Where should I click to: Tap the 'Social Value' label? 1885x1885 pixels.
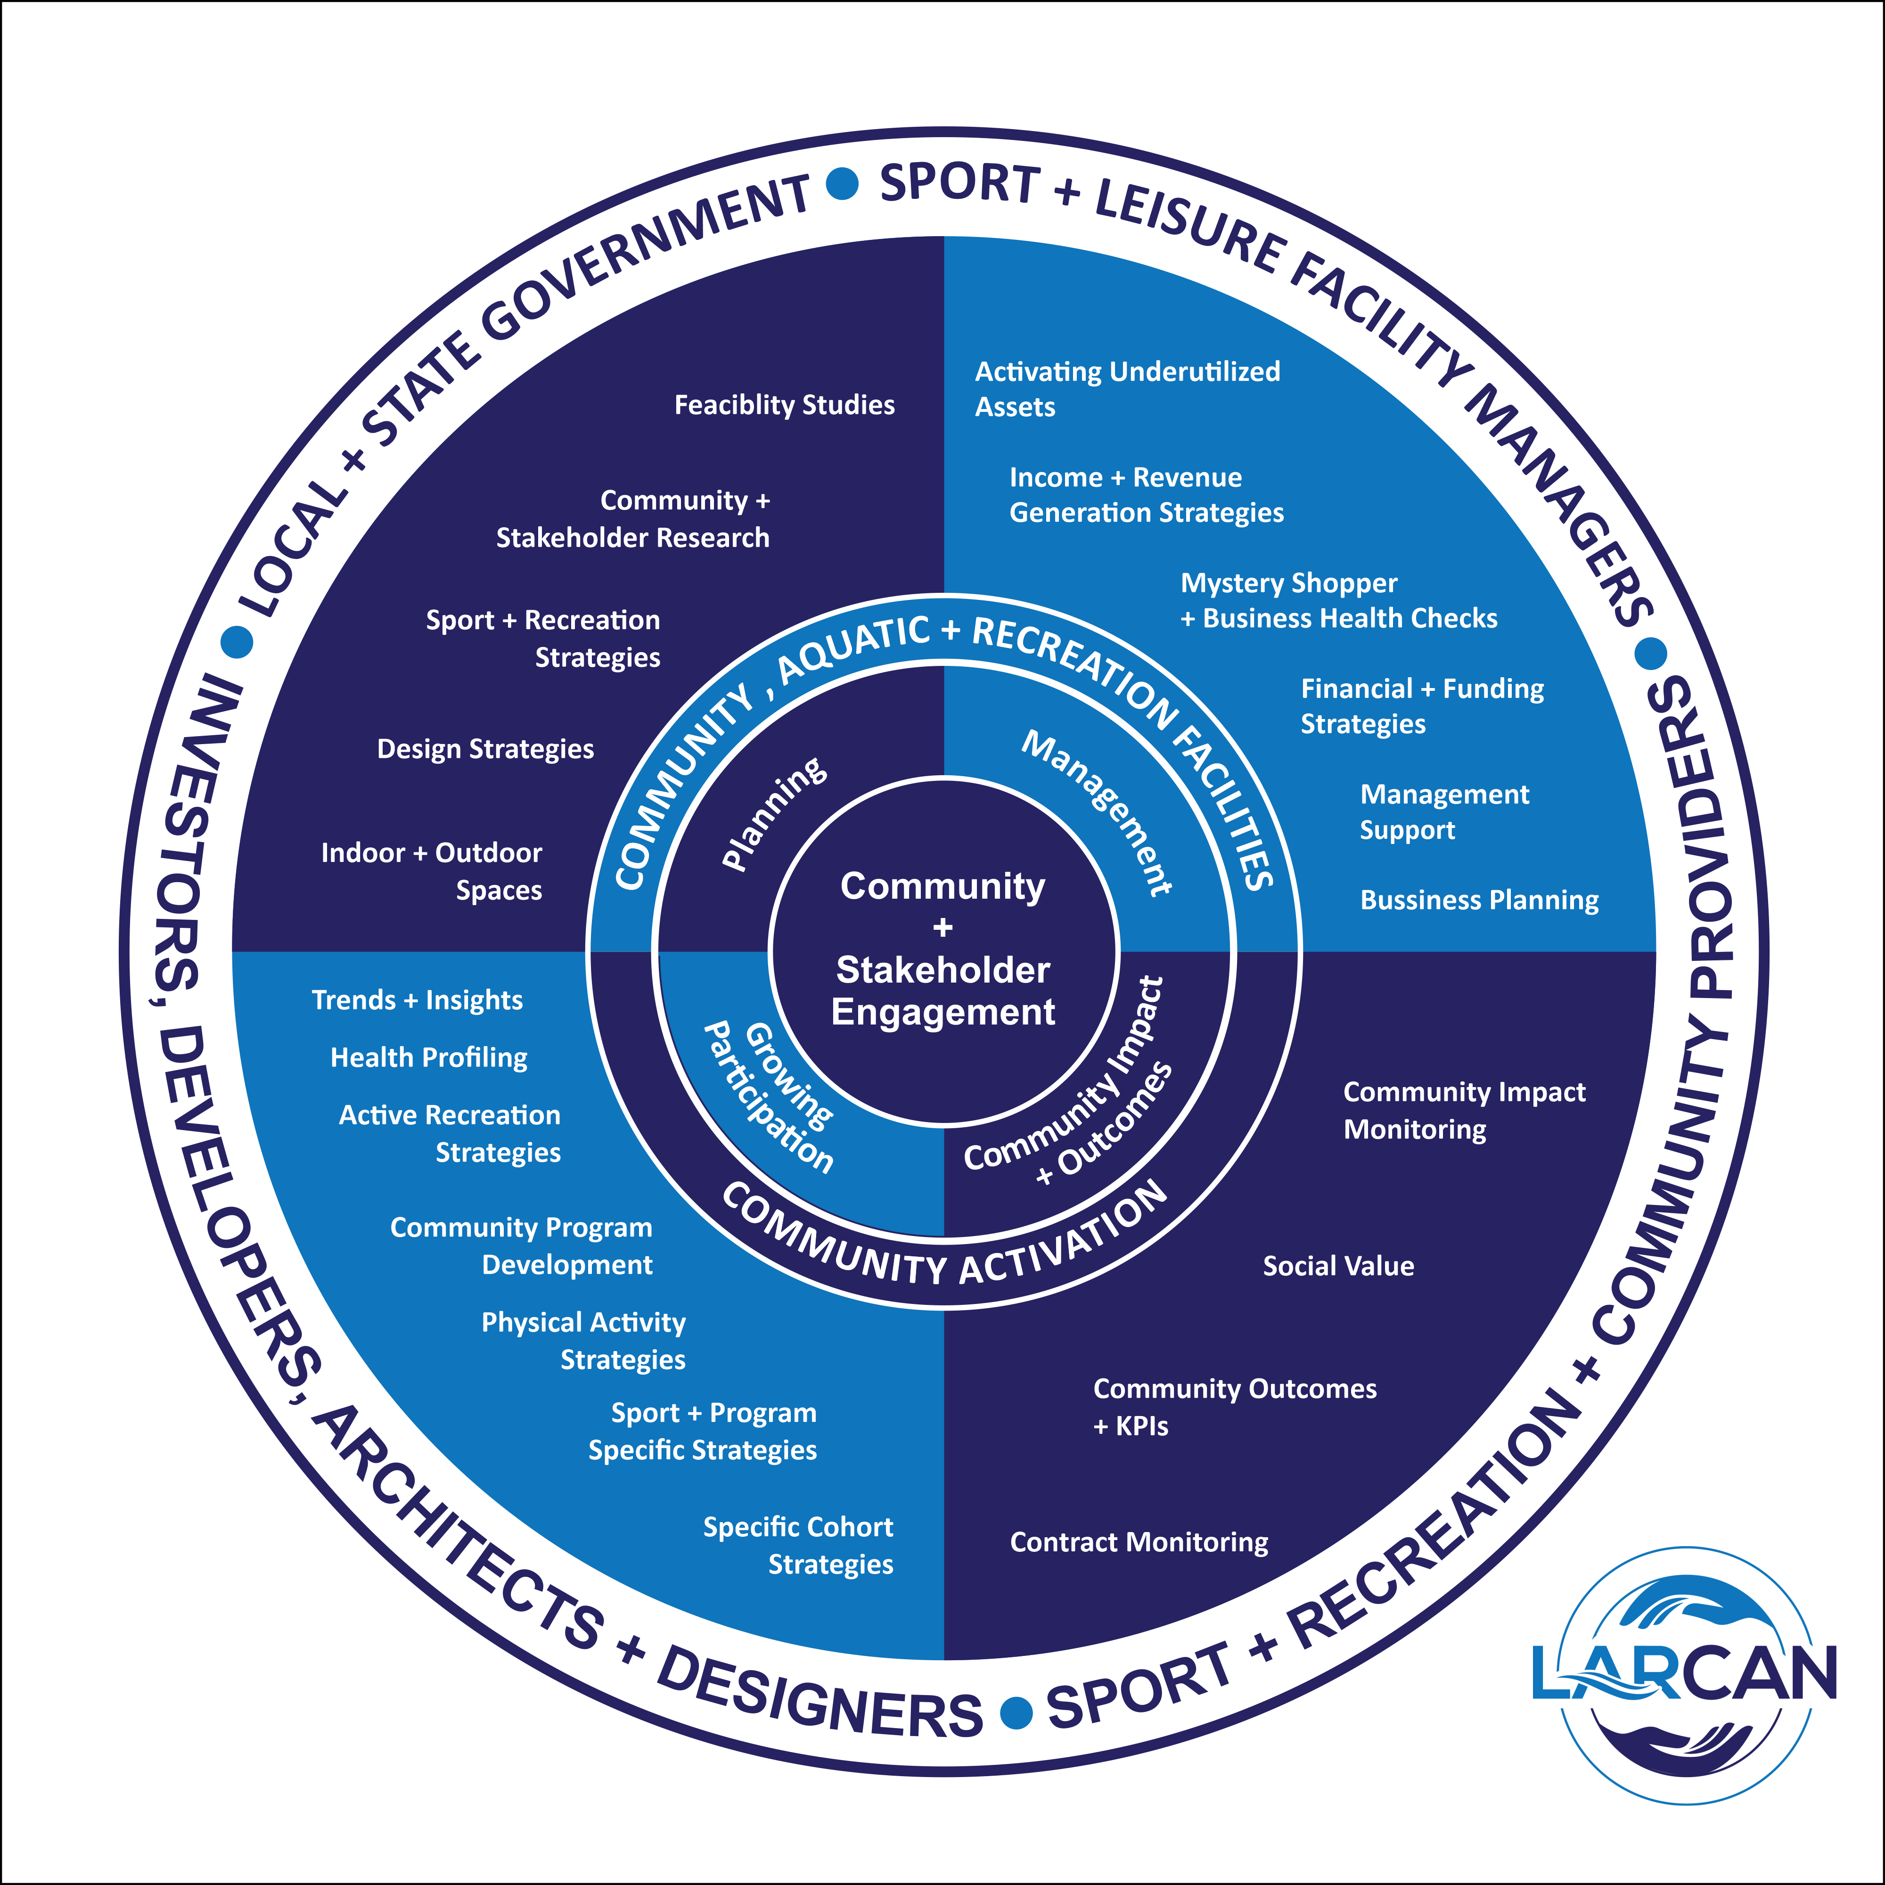[1338, 1266]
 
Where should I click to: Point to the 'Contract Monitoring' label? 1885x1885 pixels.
[1139, 1542]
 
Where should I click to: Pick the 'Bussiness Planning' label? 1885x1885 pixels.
[1479, 901]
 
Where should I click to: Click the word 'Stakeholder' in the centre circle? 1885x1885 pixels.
[942, 971]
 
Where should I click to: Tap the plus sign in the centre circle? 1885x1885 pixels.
[942, 928]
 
